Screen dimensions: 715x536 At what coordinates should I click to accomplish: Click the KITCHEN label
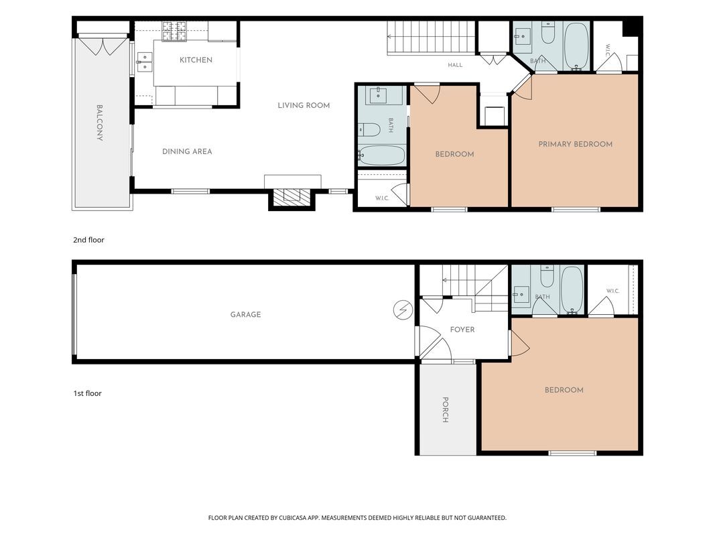pyautogui.click(x=196, y=60)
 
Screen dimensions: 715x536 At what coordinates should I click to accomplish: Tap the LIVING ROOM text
pyautogui.click(x=304, y=105)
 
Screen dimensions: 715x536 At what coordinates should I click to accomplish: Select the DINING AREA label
pyautogui.click(x=187, y=151)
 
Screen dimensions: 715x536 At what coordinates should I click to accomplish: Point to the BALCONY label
pyautogui.click(x=99, y=123)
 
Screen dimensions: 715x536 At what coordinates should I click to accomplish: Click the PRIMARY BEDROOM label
pyautogui.click(x=576, y=144)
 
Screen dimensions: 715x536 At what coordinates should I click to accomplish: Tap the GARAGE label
pyautogui.click(x=245, y=314)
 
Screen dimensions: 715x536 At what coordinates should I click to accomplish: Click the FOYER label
pyautogui.click(x=462, y=330)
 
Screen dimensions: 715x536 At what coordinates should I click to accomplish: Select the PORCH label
pyautogui.click(x=445, y=410)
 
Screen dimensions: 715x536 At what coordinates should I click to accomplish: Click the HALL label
pyautogui.click(x=455, y=65)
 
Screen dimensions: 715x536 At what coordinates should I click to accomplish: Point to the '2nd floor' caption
pyautogui.click(x=89, y=240)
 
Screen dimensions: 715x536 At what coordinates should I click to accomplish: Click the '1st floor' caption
pyautogui.click(x=88, y=393)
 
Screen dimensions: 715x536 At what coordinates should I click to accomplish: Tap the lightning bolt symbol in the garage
pyautogui.click(x=403, y=310)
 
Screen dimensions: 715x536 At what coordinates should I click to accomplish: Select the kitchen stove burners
pyautogui.click(x=174, y=31)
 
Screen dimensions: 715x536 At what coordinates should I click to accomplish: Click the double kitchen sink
pyautogui.click(x=145, y=62)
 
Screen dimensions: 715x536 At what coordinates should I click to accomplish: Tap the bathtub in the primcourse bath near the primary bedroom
pyautogui.click(x=576, y=46)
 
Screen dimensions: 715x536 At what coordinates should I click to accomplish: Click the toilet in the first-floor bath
pyautogui.click(x=547, y=276)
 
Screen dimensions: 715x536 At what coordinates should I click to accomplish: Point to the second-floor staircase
pyautogui.click(x=431, y=38)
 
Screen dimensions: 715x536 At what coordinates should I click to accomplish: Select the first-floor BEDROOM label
pyautogui.click(x=564, y=390)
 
